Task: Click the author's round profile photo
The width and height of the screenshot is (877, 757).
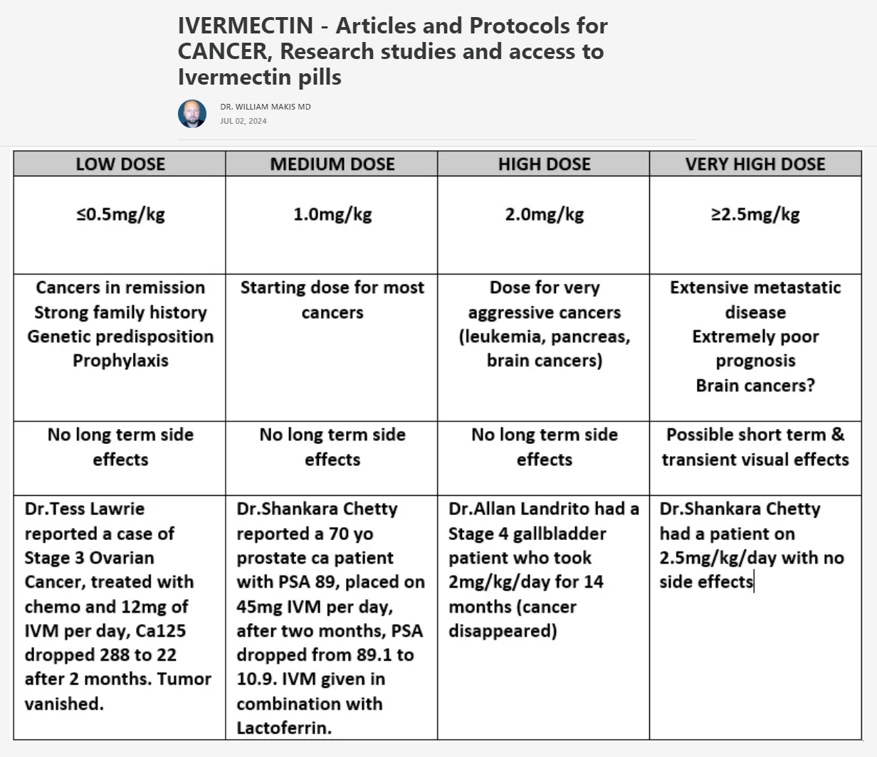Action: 192,114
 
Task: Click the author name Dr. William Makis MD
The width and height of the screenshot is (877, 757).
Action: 265,107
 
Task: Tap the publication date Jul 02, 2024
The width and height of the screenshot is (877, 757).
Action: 243,121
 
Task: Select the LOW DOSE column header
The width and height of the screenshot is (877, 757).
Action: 120,164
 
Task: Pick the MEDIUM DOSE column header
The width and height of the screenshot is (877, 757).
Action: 332,164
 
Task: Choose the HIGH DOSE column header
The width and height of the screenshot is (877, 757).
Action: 545,164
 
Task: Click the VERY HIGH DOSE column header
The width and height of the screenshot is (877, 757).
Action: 755,164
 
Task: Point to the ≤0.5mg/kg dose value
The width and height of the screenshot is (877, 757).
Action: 120,214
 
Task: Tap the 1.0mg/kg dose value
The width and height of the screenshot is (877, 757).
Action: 332,214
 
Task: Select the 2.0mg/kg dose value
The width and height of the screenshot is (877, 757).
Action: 545,214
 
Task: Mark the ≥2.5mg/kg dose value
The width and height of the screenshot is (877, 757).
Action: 755,214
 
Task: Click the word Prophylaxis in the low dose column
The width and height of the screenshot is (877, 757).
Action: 120,360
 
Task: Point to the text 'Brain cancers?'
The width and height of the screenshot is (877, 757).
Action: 755,385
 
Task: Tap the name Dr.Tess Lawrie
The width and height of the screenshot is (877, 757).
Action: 85,509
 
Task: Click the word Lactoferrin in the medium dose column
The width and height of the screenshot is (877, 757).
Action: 283,728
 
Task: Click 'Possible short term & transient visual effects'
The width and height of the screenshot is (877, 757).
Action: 755,447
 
